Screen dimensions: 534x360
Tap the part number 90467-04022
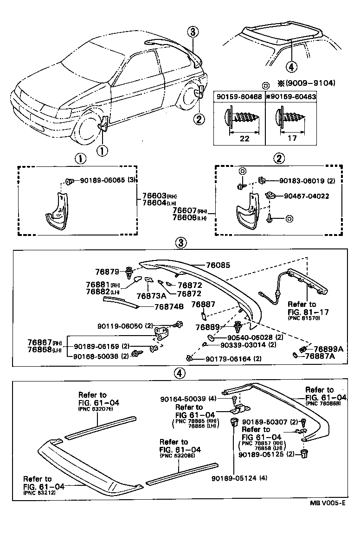coord(304,196)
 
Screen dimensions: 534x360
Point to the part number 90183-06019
coord(302,181)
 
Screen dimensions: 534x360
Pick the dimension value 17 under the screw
coord(292,139)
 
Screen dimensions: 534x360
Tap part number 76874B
coord(169,306)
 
